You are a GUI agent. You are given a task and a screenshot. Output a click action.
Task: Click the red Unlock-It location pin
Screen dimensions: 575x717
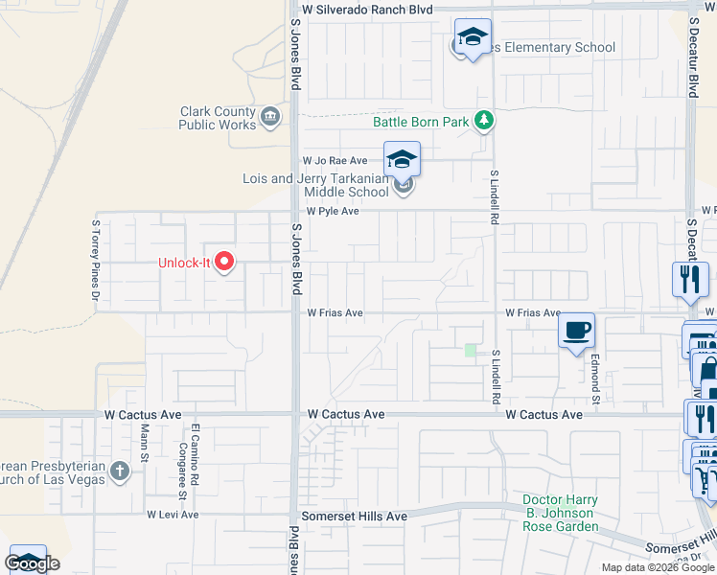pos(225,262)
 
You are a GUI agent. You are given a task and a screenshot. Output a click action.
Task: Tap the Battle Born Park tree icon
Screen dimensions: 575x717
pos(486,121)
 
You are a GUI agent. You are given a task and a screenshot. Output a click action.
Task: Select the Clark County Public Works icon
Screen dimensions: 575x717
pos(270,118)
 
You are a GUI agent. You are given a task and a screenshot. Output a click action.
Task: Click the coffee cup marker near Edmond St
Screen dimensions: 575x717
pos(576,332)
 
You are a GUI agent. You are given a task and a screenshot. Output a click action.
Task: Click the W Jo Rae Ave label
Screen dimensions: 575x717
pos(335,162)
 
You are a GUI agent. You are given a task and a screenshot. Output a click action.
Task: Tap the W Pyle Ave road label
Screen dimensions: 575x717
pos(332,211)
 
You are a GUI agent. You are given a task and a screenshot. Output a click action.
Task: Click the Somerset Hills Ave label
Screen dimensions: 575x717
pos(354,516)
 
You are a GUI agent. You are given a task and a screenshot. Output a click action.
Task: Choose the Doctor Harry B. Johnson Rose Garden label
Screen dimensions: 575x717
pos(559,513)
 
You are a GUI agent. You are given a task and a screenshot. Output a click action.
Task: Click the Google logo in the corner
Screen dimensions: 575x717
pos(32,563)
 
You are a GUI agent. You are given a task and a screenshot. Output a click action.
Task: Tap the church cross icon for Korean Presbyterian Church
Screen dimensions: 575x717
pos(119,471)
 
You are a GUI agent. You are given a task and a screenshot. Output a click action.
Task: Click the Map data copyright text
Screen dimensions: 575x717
pos(657,567)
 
